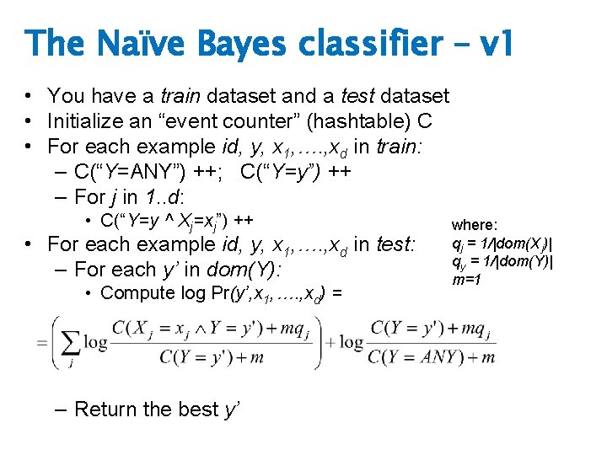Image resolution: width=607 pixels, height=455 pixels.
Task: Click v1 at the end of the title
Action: tap(492, 44)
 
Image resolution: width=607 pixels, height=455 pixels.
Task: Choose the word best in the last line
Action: tap(197, 409)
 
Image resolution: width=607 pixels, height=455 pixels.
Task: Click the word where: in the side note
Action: tap(475, 225)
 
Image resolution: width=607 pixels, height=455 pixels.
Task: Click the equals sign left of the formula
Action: tap(42, 343)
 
